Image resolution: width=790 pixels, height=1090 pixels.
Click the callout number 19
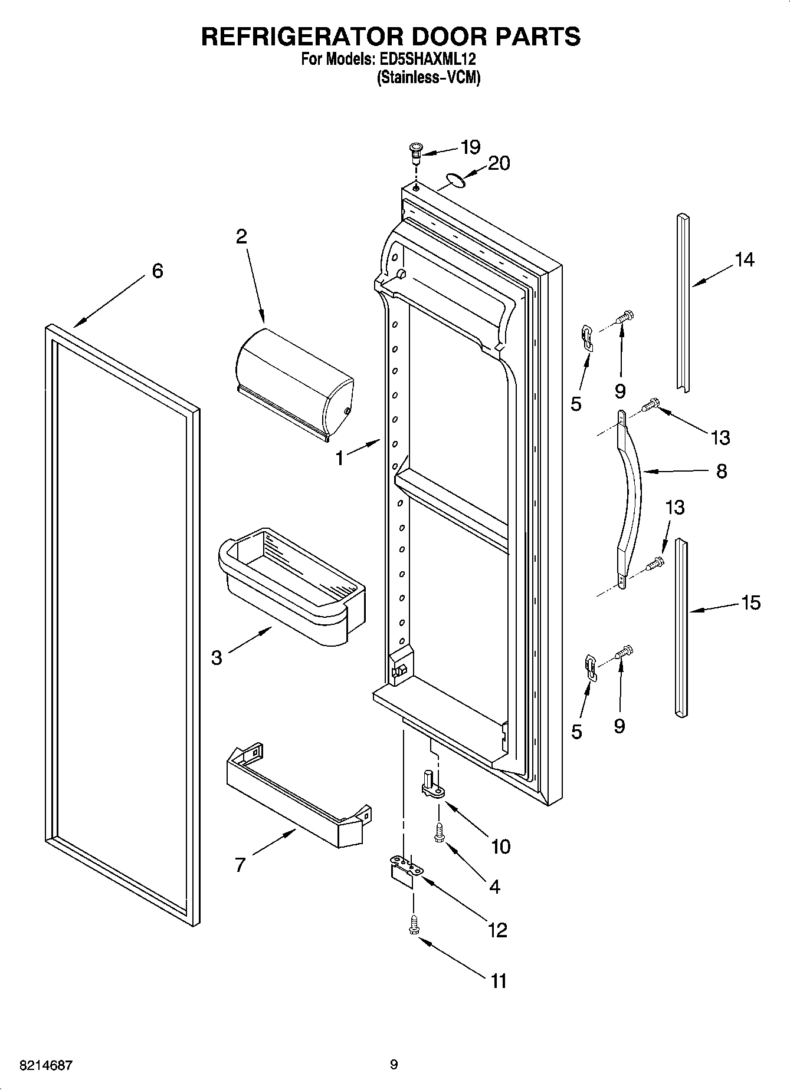[x=470, y=147]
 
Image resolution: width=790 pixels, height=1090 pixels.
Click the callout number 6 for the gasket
[x=157, y=271]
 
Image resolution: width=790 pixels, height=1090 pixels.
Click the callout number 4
[x=494, y=886]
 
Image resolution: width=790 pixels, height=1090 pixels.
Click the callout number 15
[x=751, y=602]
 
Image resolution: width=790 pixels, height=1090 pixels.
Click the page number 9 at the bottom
[x=394, y=1065]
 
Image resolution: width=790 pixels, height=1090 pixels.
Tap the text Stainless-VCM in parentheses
[x=428, y=77]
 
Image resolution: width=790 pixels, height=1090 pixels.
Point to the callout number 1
[x=340, y=458]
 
